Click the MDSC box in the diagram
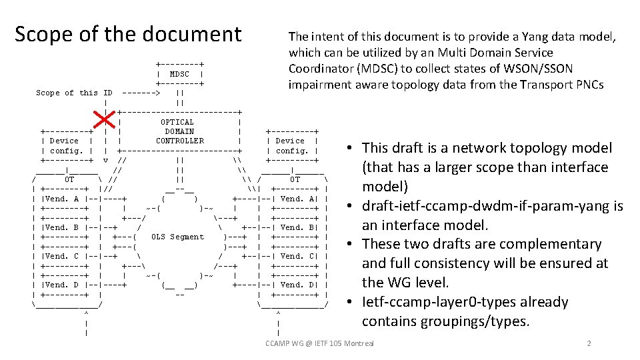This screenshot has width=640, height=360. [179, 74]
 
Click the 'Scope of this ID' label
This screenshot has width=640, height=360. [74, 93]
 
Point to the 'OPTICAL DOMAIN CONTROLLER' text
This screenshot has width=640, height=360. [179, 131]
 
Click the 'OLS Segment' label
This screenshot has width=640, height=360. [177, 237]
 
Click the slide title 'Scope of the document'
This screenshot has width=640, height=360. [128, 33]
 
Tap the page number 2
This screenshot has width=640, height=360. [589, 343]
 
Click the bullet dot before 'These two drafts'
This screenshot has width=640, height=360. [350, 244]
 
